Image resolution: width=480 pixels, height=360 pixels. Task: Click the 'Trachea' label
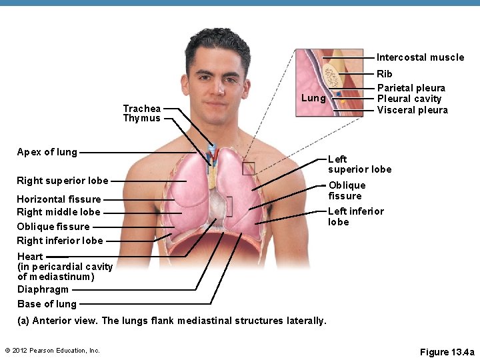pos(141,108)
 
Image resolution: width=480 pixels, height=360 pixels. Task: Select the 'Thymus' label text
pos(141,119)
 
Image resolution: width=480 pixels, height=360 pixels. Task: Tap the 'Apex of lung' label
pos(47,152)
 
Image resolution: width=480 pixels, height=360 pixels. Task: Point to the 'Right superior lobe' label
pos(62,181)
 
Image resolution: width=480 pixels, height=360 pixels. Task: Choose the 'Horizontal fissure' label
pos(59,199)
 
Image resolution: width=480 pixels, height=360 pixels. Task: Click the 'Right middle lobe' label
pos(58,212)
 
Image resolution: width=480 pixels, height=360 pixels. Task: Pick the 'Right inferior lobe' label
pos(60,241)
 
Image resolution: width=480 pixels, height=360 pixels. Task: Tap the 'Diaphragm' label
pos(43,289)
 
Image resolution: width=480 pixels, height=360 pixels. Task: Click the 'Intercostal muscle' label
pos(420,57)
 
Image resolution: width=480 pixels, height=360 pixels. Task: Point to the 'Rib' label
pos(385,74)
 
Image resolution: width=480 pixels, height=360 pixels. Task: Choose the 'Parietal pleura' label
pos(411,88)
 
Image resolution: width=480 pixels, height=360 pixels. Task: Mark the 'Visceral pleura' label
pos(412,110)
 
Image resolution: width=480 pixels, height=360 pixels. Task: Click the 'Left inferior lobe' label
pos(355,217)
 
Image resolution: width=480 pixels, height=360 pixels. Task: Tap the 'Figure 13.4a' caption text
pos(447,352)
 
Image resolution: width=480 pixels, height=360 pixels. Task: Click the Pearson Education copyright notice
pos(52,351)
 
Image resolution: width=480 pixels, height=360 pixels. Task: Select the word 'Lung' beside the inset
pos(313,99)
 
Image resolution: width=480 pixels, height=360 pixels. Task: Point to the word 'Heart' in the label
pos(30,257)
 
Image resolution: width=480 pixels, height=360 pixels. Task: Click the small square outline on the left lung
pos(248,169)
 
